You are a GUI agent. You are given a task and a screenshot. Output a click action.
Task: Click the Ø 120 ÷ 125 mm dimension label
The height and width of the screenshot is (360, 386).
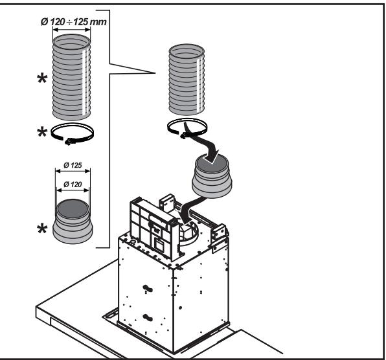click(74, 22)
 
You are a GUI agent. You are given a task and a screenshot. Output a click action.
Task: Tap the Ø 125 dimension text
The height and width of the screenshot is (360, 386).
click(73, 165)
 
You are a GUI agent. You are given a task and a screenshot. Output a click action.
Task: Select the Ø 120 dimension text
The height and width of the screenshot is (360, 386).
click(73, 184)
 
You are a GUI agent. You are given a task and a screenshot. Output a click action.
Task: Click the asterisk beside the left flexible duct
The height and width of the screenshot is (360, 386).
click(42, 79)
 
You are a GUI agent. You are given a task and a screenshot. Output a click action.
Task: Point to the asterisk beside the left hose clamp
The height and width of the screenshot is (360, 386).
click(42, 132)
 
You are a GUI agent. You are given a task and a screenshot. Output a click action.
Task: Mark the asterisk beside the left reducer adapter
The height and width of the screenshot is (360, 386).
click(42, 229)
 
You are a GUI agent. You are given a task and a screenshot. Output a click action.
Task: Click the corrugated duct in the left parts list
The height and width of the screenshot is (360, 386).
click(72, 77)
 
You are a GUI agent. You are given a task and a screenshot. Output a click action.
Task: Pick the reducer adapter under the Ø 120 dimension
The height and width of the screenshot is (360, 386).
click(73, 221)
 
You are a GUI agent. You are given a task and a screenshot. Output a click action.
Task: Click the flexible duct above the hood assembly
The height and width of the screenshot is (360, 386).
click(187, 80)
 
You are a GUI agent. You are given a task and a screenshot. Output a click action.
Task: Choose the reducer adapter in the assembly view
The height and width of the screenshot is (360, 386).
click(212, 176)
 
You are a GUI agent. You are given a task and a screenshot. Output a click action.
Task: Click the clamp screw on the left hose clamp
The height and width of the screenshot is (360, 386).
click(68, 142)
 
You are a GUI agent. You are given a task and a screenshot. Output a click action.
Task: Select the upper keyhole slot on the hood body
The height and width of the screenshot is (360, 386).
click(148, 288)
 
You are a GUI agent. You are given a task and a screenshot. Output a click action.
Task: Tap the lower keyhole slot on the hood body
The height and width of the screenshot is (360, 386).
click(148, 317)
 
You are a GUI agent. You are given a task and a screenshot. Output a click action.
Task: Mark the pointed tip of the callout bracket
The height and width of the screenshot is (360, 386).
click(155, 73)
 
